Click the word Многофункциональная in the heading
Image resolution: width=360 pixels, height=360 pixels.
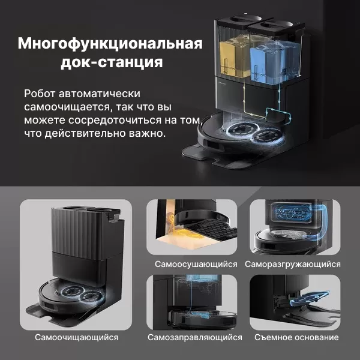click(x=110, y=44)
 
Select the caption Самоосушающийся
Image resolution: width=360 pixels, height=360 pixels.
click(x=196, y=264)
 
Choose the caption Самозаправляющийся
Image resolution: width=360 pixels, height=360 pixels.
click(x=195, y=337)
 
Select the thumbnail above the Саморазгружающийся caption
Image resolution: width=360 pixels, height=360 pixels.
click(x=295, y=227)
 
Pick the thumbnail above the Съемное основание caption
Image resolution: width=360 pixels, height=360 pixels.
click(x=295, y=302)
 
